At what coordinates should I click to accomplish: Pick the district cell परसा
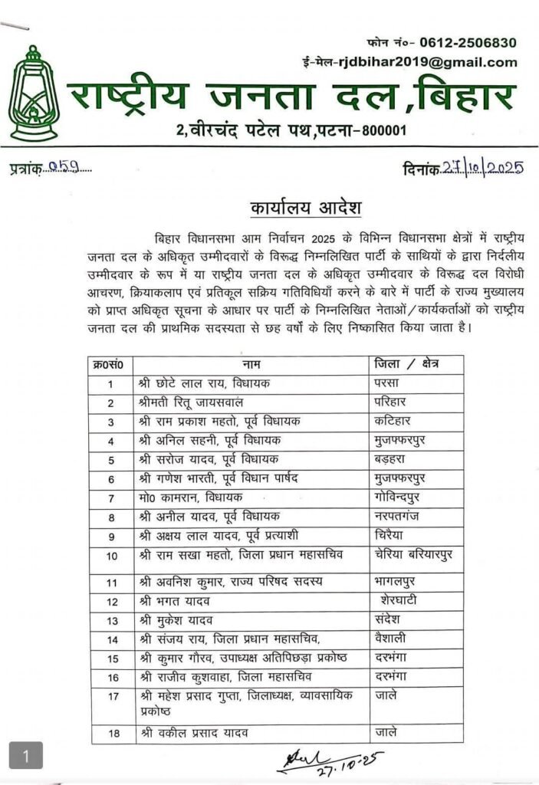tap(388, 383)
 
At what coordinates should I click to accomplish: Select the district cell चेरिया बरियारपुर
tap(416, 556)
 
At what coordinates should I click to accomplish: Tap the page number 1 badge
tap(26, 757)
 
